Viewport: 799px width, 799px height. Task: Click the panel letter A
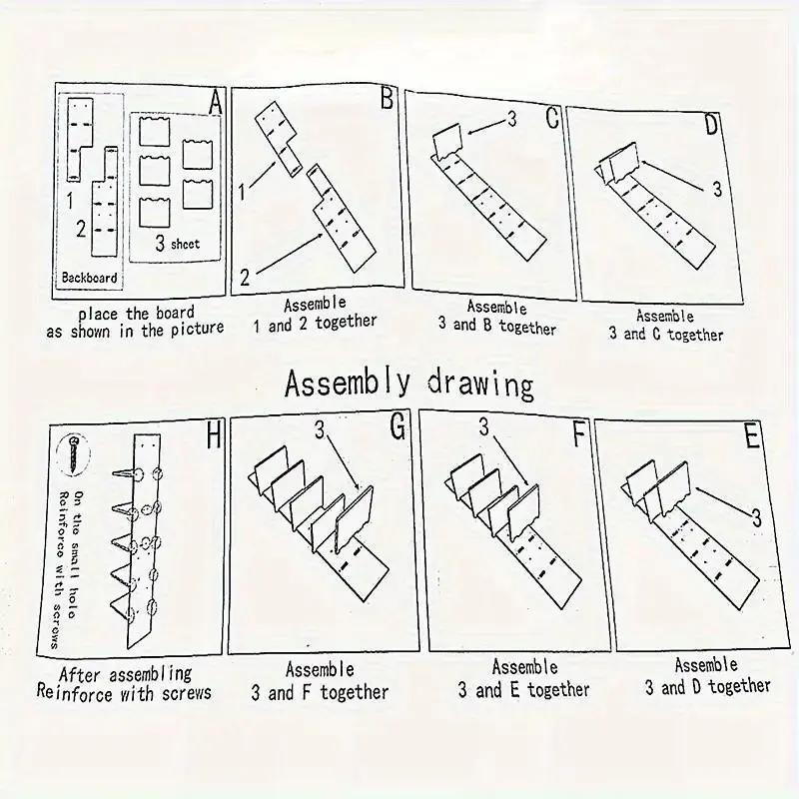[x=216, y=102]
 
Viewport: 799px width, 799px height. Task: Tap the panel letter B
[x=388, y=97]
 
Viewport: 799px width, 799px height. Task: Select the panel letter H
[x=214, y=435]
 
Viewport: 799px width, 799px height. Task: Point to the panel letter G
[x=398, y=425]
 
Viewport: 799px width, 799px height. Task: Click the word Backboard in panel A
[x=89, y=278]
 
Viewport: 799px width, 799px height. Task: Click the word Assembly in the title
[x=347, y=384]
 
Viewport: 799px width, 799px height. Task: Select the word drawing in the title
[x=480, y=385]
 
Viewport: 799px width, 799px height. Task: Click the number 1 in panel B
[x=243, y=192]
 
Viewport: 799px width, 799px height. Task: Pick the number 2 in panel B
[x=245, y=278]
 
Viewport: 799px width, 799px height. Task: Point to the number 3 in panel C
[x=511, y=119]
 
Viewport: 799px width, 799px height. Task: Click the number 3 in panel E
[x=757, y=518]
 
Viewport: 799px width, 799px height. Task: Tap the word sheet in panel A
[x=185, y=244]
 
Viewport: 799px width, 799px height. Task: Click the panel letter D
[x=712, y=124]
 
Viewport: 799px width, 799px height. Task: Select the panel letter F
[x=579, y=434]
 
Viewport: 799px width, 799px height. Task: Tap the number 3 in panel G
[x=320, y=429]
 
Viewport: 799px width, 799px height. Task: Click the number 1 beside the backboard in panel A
[x=70, y=201]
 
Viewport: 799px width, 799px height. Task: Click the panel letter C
[x=552, y=118]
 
